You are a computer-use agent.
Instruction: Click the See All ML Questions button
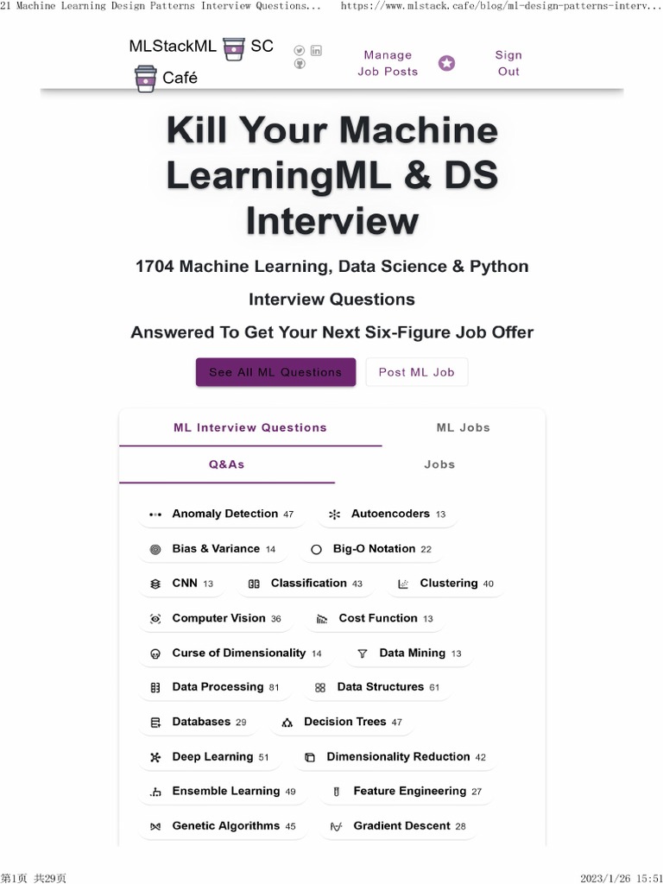click(x=275, y=372)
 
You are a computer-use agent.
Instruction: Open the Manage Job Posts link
click(x=388, y=63)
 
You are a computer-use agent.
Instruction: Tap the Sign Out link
click(x=508, y=63)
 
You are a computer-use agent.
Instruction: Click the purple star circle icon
click(x=446, y=63)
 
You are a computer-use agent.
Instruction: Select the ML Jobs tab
click(x=463, y=427)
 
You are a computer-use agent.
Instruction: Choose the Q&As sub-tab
click(x=226, y=464)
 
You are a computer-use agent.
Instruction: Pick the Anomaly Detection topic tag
click(x=222, y=514)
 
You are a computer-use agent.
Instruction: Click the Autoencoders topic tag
click(x=388, y=514)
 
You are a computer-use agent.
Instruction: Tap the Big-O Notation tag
click(x=371, y=549)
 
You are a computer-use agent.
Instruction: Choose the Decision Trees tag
click(x=342, y=722)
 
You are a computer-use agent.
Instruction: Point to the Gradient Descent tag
click(x=398, y=826)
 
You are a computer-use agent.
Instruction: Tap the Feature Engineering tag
click(x=407, y=791)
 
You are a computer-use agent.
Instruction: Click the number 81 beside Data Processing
click(x=274, y=688)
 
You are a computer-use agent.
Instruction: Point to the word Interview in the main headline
click(x=332, y=220)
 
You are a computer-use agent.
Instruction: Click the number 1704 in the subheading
click(x=155, y=267)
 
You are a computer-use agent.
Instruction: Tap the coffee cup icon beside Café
click(x=146, y=79)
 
